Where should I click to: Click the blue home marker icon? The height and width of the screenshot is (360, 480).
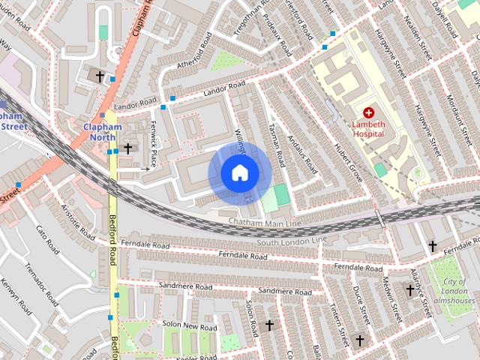pos(238,173)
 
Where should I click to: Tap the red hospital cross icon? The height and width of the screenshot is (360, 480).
pos(368,112)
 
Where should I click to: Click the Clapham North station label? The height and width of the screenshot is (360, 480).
pos(101,132)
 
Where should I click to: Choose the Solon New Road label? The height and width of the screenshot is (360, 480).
pos(189,326)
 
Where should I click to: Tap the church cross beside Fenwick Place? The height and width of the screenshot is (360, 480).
pos(128,148)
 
